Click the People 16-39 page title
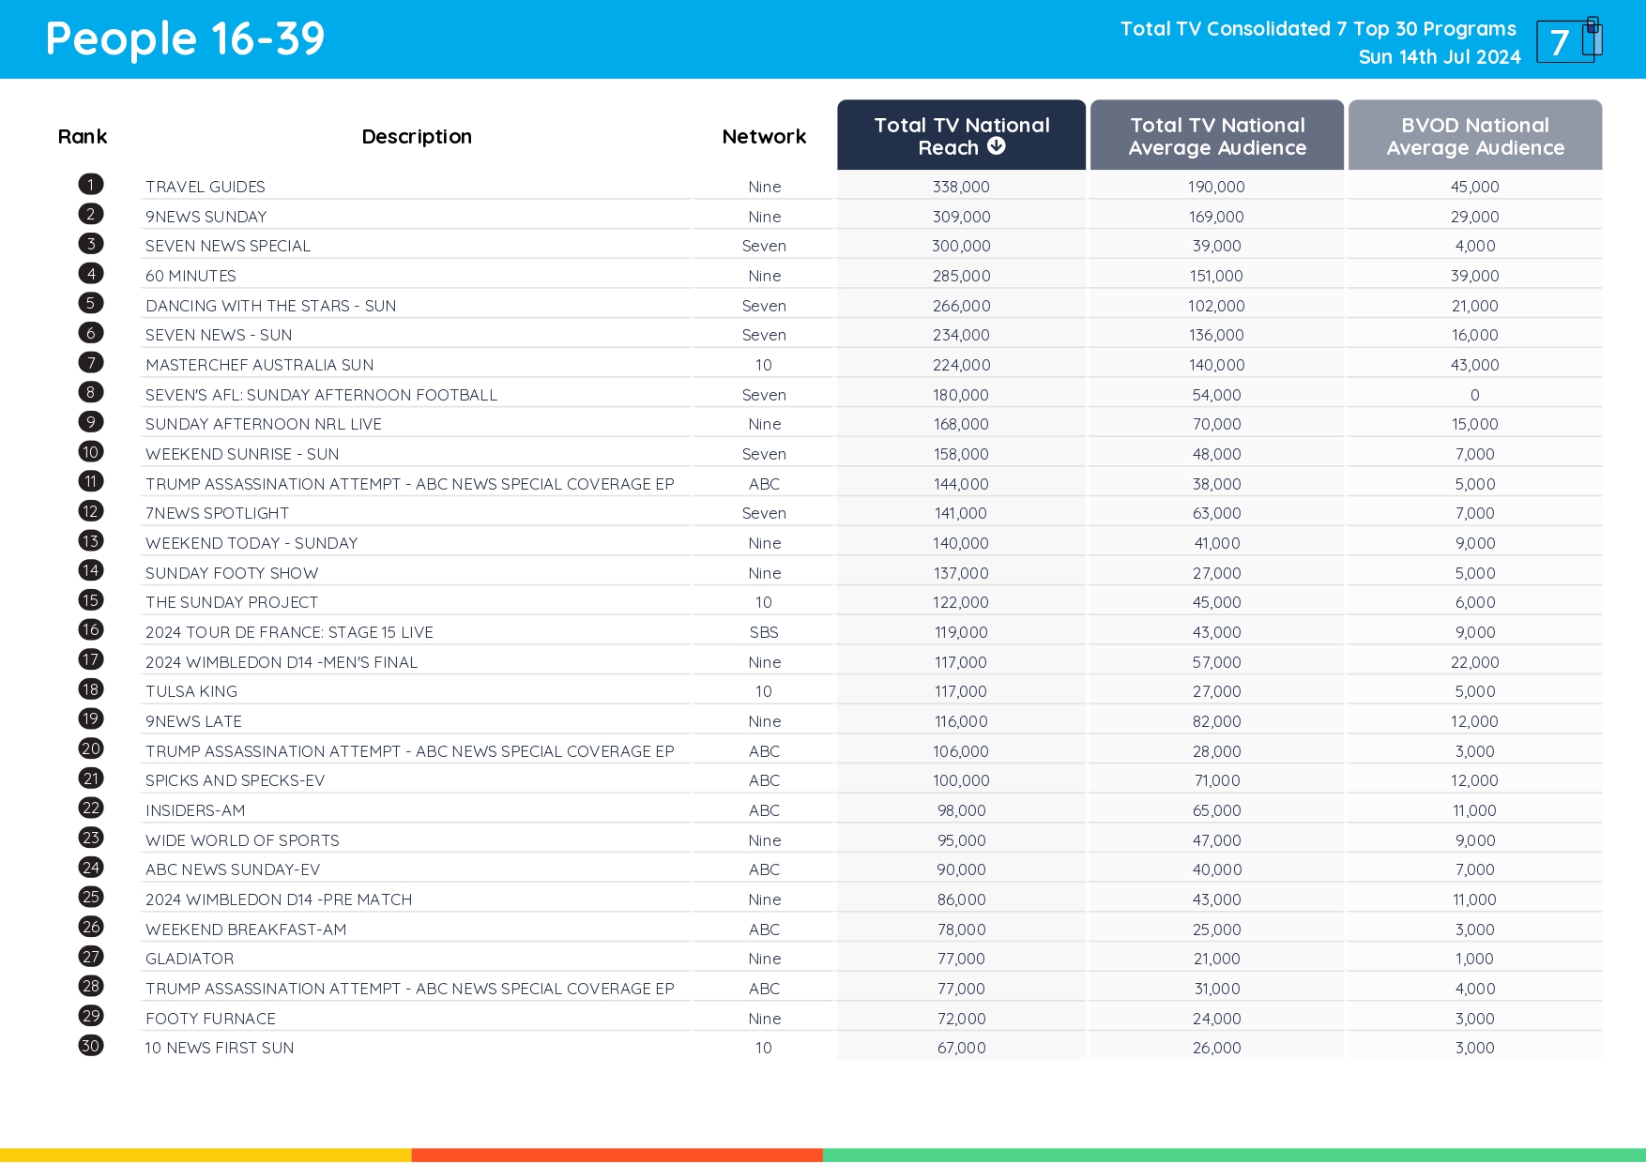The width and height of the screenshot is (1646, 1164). pos(185,39)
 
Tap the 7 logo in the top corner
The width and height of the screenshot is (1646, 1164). pos(1568,40)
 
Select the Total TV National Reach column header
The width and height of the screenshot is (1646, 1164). pos(961,135)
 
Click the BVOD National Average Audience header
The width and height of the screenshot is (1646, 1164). pos(1474,136)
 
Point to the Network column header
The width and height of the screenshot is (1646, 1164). pos(764,137)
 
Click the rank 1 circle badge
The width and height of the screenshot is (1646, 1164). pos(91,185)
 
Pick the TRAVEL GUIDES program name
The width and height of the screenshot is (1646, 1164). pos(206,187)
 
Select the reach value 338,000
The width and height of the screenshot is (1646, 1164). pos(961,187)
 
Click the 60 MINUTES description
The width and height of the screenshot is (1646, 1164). pos(191,276)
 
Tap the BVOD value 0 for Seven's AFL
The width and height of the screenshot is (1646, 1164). pos(1474,395)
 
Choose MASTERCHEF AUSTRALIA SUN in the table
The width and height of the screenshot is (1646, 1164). pos(259,365)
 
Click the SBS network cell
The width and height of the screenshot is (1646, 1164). pos(764,632)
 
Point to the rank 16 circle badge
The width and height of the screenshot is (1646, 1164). pos(91,630)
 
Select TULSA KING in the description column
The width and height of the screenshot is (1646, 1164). pos(191,691)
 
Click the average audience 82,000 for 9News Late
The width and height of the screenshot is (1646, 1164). pos(1216,721)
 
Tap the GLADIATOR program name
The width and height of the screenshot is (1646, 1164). pos(190,959)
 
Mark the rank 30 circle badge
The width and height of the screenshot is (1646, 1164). pos(91,1046)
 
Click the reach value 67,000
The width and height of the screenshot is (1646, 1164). pos(961,1048)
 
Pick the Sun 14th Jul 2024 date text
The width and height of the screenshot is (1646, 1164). pos(1439,57)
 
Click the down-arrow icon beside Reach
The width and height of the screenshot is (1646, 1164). pos(997,146)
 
